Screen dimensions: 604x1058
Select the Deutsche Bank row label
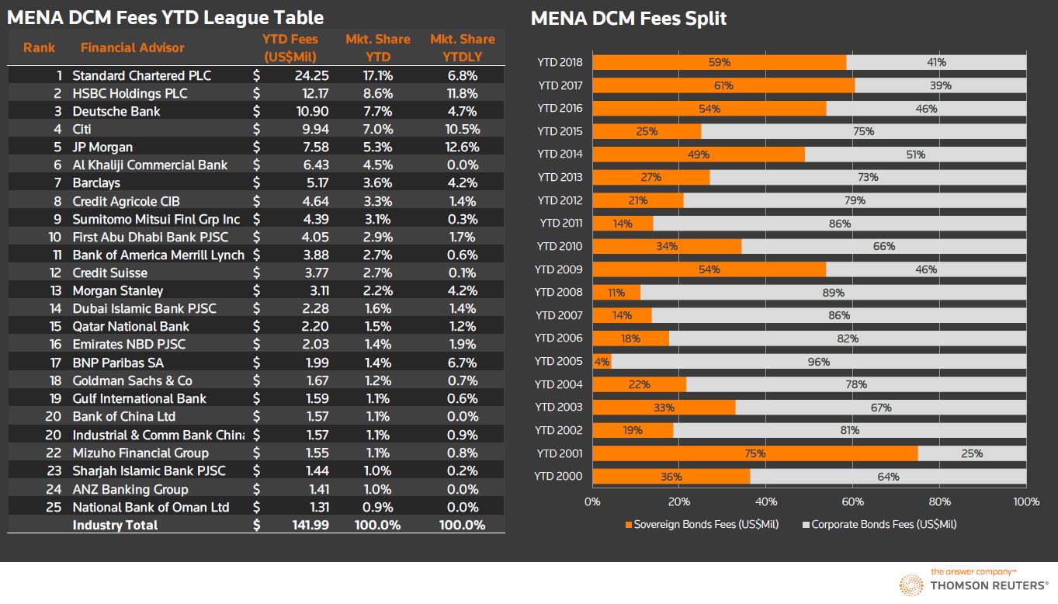[116, 111]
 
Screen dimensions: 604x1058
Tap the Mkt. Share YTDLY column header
[462, 47]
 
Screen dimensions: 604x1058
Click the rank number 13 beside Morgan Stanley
[55, 290]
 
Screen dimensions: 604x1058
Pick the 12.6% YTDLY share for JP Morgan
[462, 147]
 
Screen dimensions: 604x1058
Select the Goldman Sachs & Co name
[132, 380]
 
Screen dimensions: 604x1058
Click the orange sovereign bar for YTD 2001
[754, 453]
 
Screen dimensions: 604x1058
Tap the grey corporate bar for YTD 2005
[819, 362]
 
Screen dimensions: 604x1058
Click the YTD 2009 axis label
[559, 269]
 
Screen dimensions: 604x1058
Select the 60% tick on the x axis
[853, 502]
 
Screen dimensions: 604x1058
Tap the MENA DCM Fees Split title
[628, 18]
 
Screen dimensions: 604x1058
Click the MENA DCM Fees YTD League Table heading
[165, 18]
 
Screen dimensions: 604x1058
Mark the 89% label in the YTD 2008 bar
[833, 293]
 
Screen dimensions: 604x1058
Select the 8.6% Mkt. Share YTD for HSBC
[378, 93]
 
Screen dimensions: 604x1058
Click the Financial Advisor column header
[132, 47]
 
